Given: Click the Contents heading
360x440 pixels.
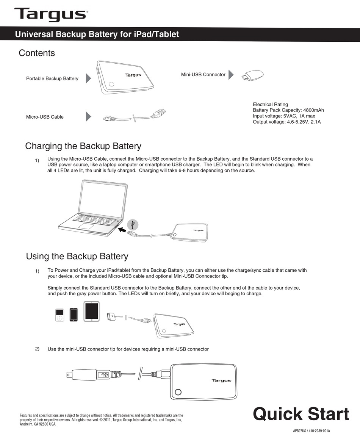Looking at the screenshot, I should pyautogui.click(x=37, y=53).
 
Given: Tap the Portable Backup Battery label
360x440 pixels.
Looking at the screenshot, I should pyautogui.click(x=52, y=78).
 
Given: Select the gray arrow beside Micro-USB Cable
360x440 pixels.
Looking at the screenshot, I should pyautogui.click(x=88, y=117).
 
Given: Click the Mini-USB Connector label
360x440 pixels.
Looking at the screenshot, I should pyautogui.click(x=203, y=75).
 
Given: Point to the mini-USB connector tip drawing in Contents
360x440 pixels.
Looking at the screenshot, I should pyautogui.click(x=252, y=75).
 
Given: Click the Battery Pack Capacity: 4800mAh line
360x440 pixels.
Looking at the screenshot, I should pyautogui.click(x=288, y=110).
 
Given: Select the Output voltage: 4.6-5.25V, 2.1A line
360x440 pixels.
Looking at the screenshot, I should pyautogui.click(x=286, y=122).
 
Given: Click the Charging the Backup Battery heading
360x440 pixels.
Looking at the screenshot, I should pyautogui.click(x=83, y=146).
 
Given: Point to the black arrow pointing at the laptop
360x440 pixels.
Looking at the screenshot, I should pyautogui.click(x=121, y=230).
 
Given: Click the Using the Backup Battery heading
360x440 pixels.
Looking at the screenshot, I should pyautogui.click(x=77, y=256).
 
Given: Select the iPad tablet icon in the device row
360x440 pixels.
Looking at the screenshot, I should pyautogui.click(x=91, y=312).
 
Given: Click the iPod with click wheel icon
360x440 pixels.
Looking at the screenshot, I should pyautogui.click(x=60, y=315).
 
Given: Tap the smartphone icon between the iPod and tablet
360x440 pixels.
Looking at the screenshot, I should pyautogui.click(x=74, y=314).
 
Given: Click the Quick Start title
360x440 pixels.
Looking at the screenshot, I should pyautogui.click(x=301, y=414).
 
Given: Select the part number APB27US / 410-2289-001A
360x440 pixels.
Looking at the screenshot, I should pyautogui.click(x=311, y=431).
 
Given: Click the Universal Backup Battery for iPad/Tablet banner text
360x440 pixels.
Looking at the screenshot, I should pyautogui.click(x=97, y=34).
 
